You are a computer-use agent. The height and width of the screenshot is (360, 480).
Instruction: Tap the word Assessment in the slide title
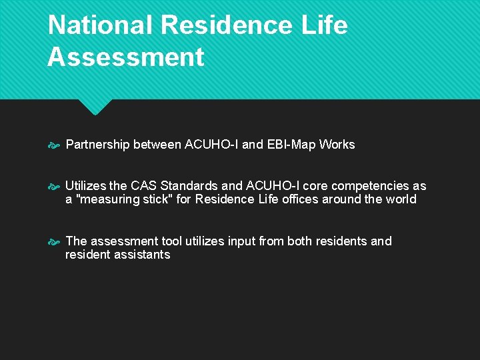125,57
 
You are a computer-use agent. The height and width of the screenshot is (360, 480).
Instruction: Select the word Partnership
97,145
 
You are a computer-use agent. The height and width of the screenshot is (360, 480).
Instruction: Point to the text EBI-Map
291,145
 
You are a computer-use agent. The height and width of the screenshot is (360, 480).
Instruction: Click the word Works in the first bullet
337,145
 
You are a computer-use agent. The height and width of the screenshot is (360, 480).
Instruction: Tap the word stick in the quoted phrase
155,199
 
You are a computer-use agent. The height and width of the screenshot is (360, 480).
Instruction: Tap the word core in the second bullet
315,186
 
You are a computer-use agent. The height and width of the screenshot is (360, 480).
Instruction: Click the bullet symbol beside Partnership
55,145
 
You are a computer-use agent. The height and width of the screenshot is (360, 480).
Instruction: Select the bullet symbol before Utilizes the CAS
55,187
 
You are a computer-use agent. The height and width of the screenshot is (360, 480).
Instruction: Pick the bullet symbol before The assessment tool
55,242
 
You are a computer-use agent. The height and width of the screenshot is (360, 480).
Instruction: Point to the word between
157,145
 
